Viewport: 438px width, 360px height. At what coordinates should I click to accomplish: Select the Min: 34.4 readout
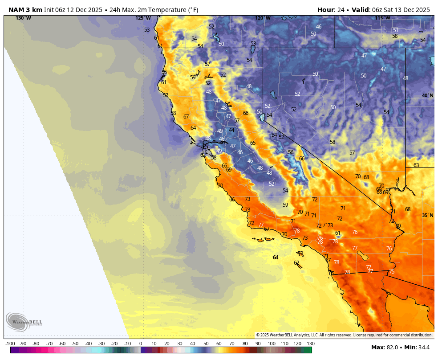417,347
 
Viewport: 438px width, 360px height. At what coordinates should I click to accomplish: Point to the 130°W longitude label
23,18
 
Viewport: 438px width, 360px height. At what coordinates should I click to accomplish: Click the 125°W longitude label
143,18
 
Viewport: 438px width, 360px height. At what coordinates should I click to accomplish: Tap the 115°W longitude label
382,18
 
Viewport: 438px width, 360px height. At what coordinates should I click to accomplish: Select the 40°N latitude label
427,95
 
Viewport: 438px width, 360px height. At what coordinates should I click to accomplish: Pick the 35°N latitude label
427,215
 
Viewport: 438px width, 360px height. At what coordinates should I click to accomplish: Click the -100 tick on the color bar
10,344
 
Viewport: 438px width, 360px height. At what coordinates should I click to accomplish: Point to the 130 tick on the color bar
310,344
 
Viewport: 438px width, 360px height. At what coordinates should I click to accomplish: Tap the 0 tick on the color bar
141,344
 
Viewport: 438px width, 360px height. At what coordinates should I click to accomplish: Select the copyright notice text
344,335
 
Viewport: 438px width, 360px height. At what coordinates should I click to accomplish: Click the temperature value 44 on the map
231,130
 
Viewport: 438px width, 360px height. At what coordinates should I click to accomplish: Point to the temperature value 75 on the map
391,271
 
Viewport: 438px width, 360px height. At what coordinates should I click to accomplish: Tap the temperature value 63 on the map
416,165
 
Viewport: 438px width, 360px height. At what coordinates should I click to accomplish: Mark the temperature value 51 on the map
395,30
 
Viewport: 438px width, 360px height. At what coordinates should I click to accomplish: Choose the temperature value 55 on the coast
164,72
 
